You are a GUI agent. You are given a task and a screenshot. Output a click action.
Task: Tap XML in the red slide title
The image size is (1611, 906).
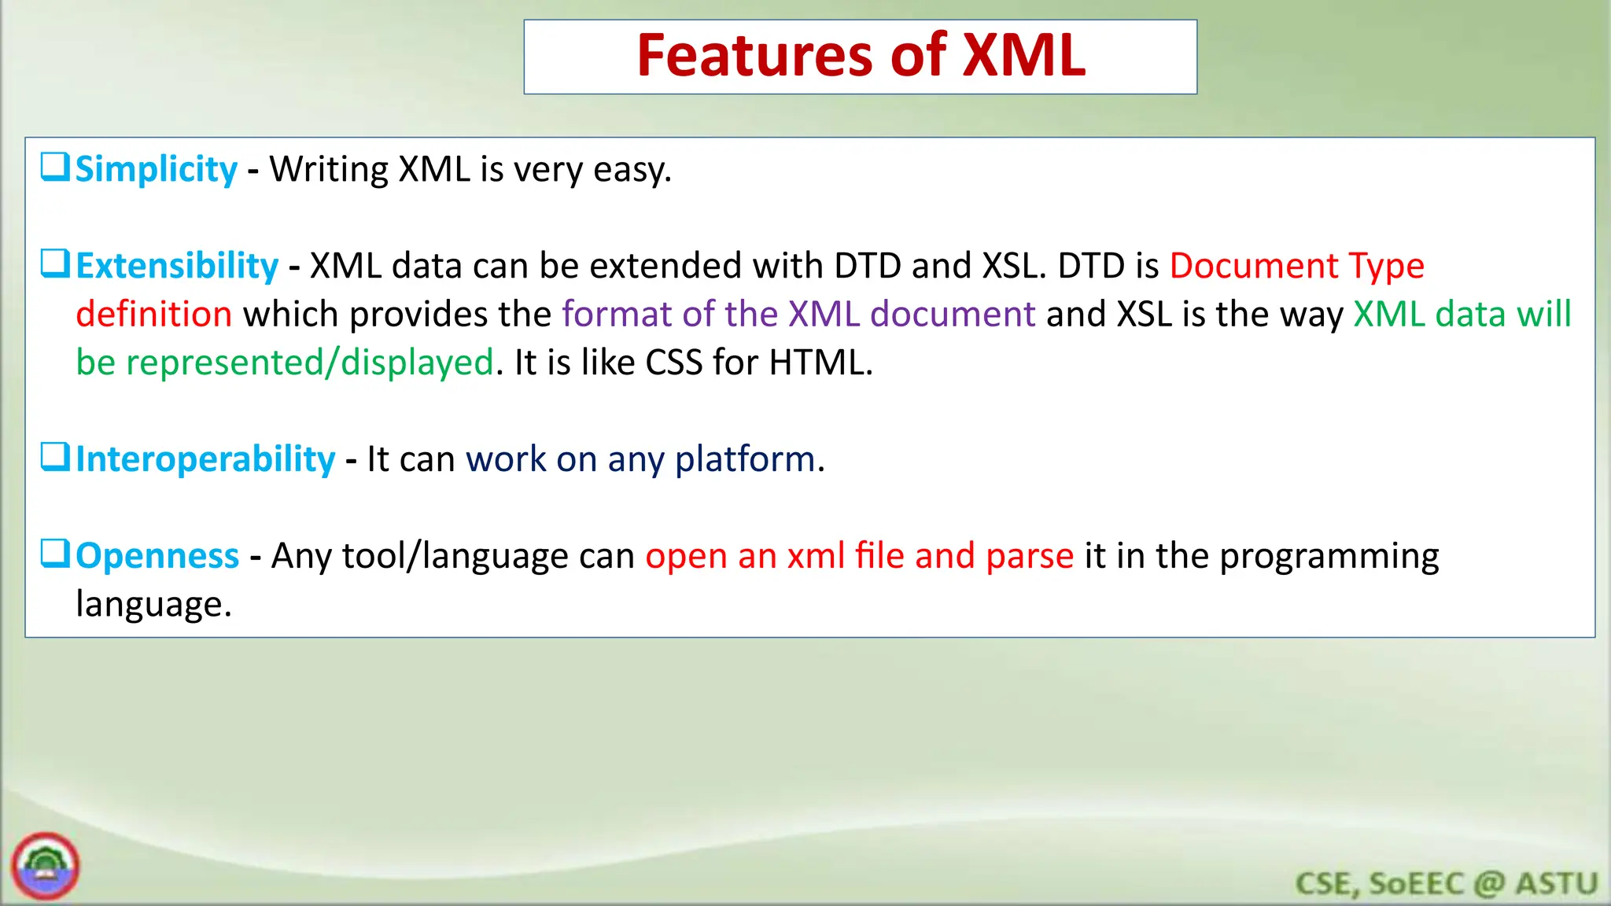coord(1023,57)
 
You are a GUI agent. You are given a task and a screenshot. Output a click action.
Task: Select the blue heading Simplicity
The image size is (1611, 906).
coord(156,170)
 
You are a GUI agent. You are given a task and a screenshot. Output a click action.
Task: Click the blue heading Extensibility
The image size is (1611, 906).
coord(177,266)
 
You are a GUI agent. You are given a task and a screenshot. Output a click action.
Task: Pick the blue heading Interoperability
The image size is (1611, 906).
coord(205,459)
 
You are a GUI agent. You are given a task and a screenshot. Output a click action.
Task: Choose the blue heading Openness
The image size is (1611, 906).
coord(157,556)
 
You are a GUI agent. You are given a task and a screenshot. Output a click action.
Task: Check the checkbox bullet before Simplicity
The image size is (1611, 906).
coord(55,167)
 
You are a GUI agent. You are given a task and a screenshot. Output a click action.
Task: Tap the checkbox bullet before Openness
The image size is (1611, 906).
coord(55,554)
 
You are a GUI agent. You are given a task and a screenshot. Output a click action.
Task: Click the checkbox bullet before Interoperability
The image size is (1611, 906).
coord(55,457)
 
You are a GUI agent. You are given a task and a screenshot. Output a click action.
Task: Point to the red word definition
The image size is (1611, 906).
coord(154,315)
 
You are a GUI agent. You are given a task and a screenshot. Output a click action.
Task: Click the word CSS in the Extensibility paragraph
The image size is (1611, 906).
coord(673,363)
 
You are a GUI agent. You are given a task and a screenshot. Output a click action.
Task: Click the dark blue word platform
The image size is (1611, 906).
coord(745,459)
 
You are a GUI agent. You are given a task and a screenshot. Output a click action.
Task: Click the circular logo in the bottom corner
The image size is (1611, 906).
coord(46,866)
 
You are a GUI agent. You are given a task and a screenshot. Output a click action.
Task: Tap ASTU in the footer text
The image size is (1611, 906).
coord(1557,883)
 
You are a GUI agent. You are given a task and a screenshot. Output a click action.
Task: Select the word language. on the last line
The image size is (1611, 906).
coord(153,605)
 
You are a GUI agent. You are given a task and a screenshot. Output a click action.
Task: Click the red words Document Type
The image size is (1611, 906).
coord(1296,266)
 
